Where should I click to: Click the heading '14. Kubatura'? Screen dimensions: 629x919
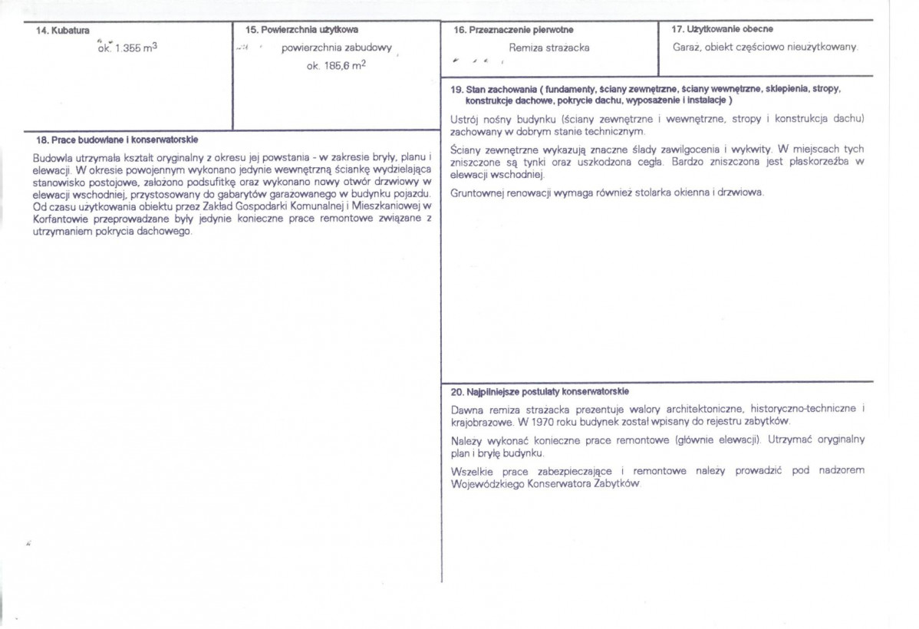point(62,31)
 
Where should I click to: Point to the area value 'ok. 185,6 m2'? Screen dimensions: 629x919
point(335,66)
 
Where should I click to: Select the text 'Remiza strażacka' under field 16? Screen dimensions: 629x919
point(549,48)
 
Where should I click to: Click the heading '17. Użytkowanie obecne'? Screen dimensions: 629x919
point(722,29)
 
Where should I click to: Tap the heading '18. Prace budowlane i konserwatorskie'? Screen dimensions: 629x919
point(117,140)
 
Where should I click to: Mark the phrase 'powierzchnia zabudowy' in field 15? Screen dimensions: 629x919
point(337,48)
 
